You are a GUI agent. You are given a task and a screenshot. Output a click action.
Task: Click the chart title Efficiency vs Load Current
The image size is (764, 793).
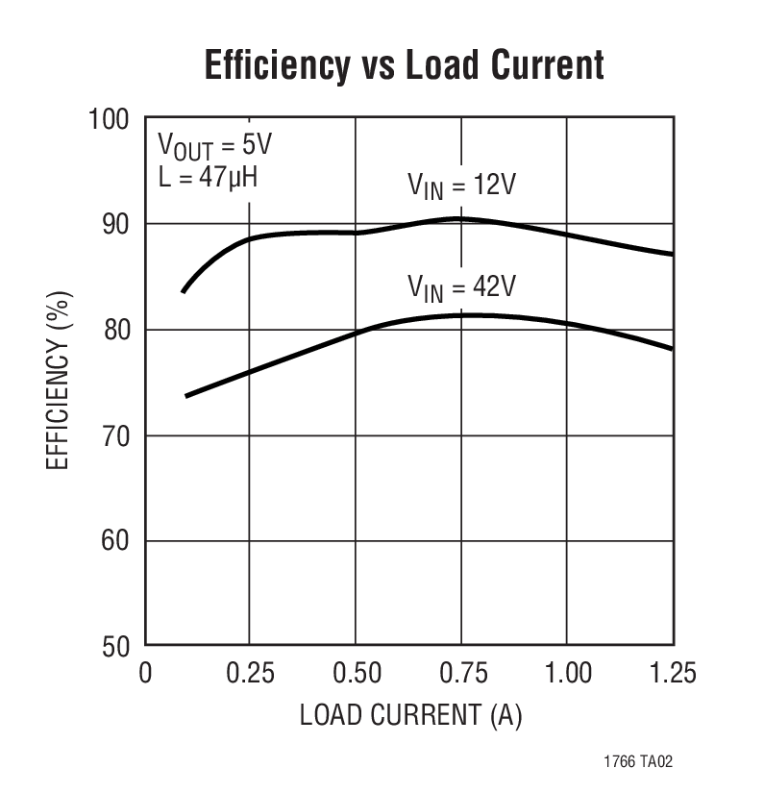pyautogui.click(x=404, y=66)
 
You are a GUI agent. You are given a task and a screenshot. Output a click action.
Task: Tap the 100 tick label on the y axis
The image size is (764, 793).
pyautogui.click(x=109, y=119)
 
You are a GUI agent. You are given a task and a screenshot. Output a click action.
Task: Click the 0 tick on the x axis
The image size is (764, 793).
pyautogui.click(x=146, y=672)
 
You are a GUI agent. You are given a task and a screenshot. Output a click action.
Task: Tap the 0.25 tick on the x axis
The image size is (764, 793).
pyautogui.click(x=251, y=672)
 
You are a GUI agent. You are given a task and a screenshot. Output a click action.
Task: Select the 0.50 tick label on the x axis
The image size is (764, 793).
pyautogui.click(x=356, y=672)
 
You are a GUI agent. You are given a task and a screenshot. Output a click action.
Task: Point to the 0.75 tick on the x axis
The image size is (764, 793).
pyautogui.click(x=461, y=672)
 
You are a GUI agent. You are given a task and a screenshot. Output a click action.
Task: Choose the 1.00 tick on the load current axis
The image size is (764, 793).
pyautogui.click(x=567, y=672)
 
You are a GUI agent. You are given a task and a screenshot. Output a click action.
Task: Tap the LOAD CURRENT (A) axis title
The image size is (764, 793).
pyautogui.click(x=410, y=716)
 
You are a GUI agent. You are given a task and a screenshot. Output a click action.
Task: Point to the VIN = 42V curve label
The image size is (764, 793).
pyautogui.click(x=461, y=286)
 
